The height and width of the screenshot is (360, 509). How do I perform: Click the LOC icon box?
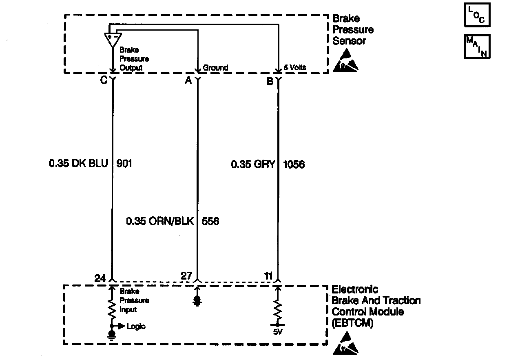[x=477, y=16]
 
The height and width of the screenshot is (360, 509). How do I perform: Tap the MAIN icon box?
[x=477, y=47]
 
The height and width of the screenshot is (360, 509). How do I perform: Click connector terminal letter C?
[x=104, y=80]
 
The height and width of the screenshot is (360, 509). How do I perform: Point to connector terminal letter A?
[x=188, y=80]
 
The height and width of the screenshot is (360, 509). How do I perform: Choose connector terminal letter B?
[x=270, y=81]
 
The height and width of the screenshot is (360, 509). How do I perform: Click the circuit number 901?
[x=124, y=164]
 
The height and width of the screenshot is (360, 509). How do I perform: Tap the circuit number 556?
[x=210, y=222]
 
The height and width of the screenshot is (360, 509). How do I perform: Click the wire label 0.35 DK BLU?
[x=78, y=164]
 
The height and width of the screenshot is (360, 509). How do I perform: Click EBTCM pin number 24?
[x=100, y=278]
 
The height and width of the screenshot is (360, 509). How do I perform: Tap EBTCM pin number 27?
[x=186, y=276]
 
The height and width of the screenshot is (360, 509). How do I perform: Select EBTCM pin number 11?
[x=268, y=276]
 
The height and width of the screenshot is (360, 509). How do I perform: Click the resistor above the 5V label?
[x=278, y=311]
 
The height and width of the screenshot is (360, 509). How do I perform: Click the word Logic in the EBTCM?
[x=136, y=326]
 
